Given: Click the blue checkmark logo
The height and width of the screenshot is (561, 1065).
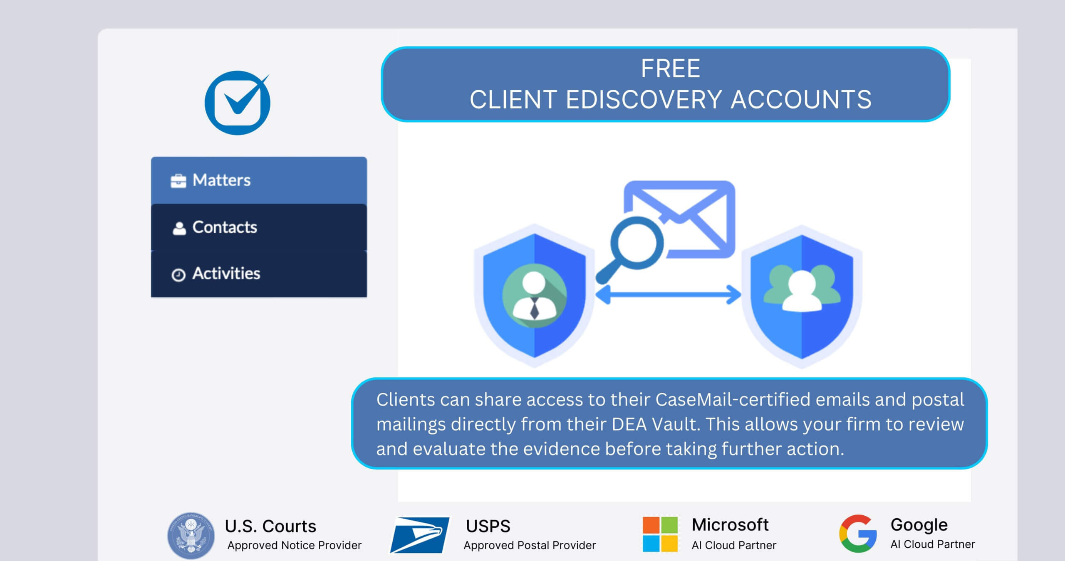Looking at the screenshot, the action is tap(238, 103).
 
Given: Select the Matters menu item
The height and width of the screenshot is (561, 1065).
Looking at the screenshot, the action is tap(259, 180).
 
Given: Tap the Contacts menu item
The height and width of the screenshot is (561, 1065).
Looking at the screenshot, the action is tap(259, 227).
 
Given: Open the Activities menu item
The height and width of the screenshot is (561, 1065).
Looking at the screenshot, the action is tap(259, 274).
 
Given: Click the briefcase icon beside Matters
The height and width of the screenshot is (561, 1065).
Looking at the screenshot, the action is tap(178, 181).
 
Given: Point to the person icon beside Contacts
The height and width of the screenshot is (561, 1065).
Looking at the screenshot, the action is tap(179, 228).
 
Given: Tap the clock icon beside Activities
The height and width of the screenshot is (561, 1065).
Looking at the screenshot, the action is tap(178, 275).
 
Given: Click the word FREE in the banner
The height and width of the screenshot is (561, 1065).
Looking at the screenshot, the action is tap(670, 69).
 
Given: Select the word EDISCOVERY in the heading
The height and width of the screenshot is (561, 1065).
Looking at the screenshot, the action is tap(643, 100).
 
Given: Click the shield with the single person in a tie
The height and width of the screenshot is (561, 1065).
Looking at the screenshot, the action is tap(535, 295).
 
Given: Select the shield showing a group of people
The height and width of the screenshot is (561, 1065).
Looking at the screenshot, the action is tap(802, 296).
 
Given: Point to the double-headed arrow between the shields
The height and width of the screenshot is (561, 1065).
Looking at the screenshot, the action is tap(668, 295).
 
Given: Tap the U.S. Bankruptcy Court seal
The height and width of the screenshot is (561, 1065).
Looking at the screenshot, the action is tap(191, 535).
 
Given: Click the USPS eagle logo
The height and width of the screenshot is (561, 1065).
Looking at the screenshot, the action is tap(419, 535).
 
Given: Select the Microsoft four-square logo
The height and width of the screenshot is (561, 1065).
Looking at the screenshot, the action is tap(660, 534).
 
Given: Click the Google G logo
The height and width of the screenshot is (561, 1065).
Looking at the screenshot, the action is tap(858, 534).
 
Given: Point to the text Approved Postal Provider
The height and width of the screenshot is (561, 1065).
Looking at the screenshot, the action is tap(530, 545).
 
